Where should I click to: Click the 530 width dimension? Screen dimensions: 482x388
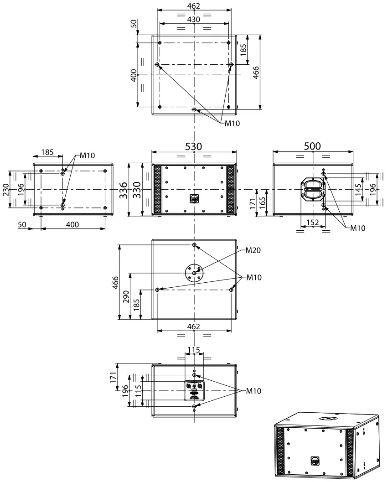pos(194,146)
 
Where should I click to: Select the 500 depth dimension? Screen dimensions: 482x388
pos(312,146)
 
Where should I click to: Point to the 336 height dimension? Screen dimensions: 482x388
pos(123,190)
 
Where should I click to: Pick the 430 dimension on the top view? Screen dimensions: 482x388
pos(194,19)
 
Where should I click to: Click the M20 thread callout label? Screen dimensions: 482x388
pos(253,250)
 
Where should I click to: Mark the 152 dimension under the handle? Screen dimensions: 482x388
pos(312,223)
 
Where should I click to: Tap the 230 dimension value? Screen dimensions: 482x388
pos(6,189)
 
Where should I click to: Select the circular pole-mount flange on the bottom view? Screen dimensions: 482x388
pos(195,272)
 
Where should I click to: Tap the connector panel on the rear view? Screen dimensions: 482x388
pos(194,391)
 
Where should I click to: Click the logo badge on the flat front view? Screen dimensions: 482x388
pos(194,199)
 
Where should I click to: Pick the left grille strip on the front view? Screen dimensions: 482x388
pos(157,189)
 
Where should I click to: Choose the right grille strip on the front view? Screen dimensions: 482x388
pos(230,189)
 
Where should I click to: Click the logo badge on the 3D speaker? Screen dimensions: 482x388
pos(315,461)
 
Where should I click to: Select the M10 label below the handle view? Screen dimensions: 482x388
pos(358,228)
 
